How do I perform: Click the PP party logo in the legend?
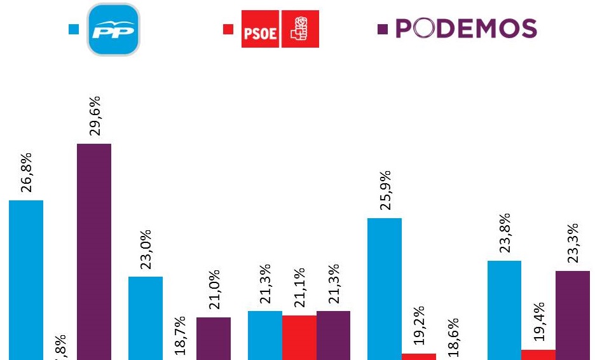(114, 29)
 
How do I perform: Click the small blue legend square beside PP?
(74, 29)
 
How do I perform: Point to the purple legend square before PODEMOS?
(382, 29)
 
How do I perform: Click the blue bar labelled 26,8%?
(26, 280)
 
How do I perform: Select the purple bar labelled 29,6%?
(94, 251)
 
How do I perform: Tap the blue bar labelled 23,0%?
(146, 318)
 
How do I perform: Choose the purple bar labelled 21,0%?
(214, 338)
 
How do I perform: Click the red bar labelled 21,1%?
(299, 337)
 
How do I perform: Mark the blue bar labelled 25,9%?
(385, 289)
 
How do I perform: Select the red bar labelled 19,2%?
(418, 356)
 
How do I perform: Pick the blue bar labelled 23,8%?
(504, 310)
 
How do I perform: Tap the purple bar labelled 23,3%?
(572, 315)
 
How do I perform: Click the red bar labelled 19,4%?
(538, 354)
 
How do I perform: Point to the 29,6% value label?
(95, 116)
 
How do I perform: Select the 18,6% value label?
(453, 337)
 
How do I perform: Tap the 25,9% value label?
(385, 190)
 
